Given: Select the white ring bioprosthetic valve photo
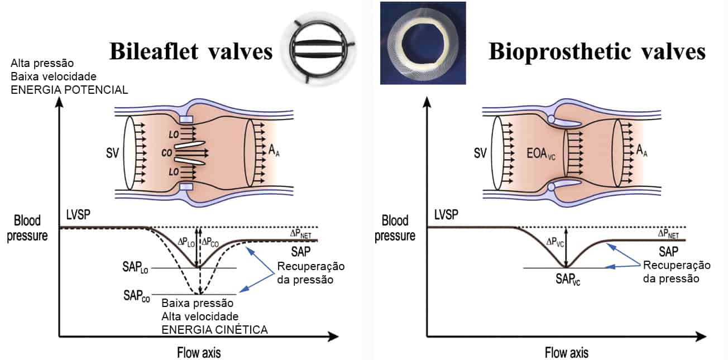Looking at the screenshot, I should point(423,43).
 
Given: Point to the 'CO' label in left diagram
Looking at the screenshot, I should point(166,152).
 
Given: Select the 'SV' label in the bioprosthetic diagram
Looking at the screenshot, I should point(480,152).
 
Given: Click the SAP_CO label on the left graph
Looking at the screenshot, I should point(137,295).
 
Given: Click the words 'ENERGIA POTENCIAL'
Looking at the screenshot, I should point(69,89).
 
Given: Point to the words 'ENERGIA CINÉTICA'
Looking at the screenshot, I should point(214,330).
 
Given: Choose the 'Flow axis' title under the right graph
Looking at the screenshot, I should point(567,353).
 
